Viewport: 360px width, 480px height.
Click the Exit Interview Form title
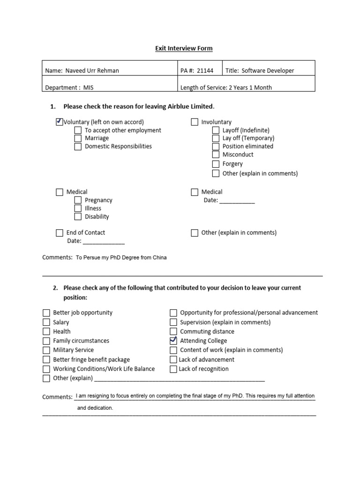[184, 48]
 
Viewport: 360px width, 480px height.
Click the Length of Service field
[226, 87]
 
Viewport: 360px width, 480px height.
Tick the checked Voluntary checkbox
[59, 122]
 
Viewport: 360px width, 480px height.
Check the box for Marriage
[78, 138]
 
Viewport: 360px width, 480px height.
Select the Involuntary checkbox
[195, 122]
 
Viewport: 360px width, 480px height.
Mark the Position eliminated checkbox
[216, 146]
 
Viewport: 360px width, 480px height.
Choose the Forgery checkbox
[216, 164]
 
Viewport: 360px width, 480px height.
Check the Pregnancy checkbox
[78, 200]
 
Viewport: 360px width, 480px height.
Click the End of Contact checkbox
[60, 232]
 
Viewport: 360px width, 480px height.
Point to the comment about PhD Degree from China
[121, 257]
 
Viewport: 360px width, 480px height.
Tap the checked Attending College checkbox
[173, 340]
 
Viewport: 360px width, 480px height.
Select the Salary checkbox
[46, 322]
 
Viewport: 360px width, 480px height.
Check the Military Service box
[46, 350]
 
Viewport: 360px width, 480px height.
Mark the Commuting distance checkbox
[173, 331]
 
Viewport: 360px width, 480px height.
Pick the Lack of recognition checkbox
[173, 369]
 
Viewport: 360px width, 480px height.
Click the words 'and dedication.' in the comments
[95, 408]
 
